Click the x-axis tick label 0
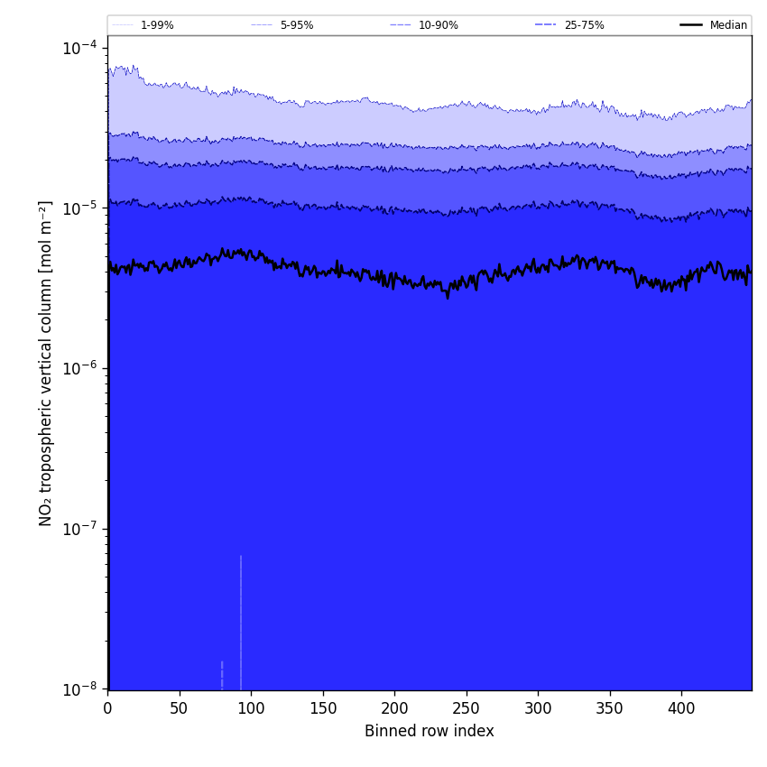coord(107,709)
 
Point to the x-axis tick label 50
coord(179,709)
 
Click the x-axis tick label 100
coord(251,709)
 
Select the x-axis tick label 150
coord(322,709)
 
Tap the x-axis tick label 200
coord(394,709)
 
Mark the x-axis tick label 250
coord(466,709)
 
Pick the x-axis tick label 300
coord(538,709)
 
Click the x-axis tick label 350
coord(609,709)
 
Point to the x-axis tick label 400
coord(681,709)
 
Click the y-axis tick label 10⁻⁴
coord(79,47)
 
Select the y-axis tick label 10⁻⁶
coord(79,368)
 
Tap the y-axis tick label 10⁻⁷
coord(79,529)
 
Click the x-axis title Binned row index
coord(430,731)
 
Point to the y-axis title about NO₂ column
coord(46,363)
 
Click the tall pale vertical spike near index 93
coord(241,623)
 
